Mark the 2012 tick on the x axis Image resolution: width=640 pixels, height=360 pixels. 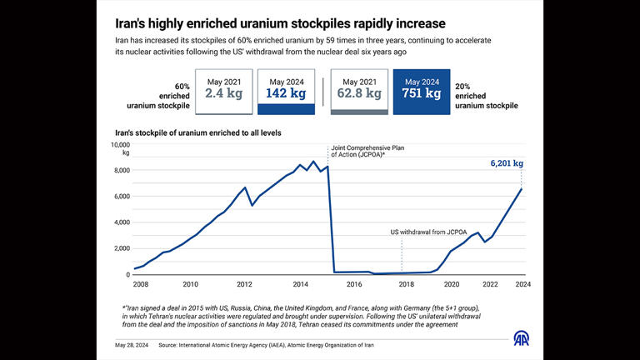pos(244,284)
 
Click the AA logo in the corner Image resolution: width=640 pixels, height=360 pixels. pos(521,341)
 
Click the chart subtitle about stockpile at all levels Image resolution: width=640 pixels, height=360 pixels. pos(204,132)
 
